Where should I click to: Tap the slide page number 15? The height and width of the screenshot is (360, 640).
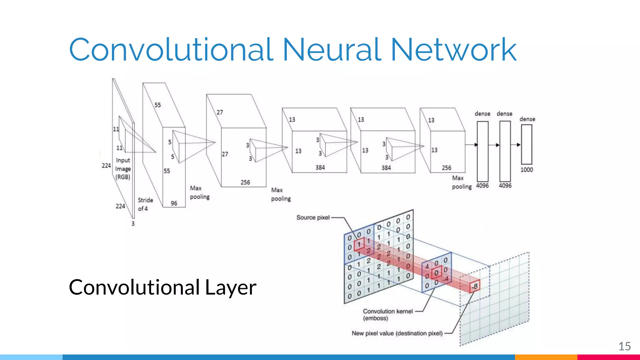624,346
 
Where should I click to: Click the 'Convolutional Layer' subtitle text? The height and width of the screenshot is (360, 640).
162,287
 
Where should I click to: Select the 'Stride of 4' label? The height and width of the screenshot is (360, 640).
145,204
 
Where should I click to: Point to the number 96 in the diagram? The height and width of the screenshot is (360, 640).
174,203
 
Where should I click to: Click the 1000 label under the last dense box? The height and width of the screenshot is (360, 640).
527,170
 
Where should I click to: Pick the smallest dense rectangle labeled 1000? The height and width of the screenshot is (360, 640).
527,144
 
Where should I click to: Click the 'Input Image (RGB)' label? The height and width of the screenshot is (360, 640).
123,169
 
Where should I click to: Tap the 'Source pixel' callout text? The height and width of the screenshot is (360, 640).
313,217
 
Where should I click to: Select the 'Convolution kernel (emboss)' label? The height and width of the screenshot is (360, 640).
387,315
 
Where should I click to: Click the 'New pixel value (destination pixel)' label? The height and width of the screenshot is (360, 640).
397,333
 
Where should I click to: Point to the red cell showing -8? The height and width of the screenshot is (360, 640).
475,286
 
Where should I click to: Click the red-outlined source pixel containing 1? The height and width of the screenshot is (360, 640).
359,244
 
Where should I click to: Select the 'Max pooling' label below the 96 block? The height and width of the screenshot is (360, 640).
199,192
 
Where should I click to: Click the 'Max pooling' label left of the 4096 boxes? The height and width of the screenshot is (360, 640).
461,182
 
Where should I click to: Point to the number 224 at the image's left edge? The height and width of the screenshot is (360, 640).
106,166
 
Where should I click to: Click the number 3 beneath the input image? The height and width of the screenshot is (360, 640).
133,224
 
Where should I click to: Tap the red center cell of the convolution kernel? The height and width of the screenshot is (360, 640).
436,273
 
